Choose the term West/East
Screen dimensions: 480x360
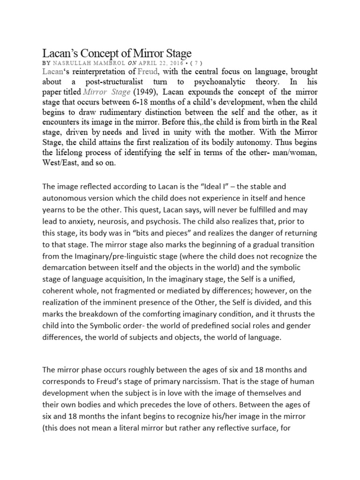click(x=60, y=164)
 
